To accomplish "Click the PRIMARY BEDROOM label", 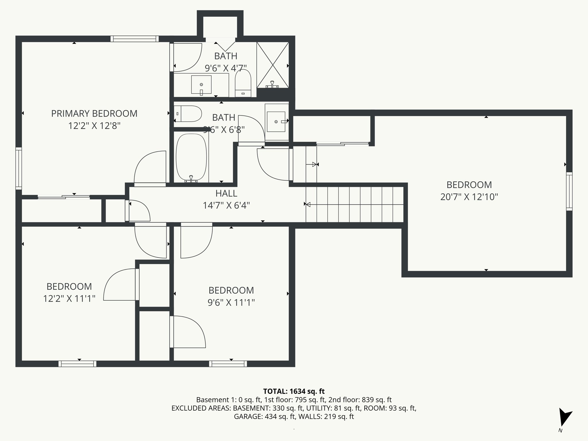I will click(94, 114).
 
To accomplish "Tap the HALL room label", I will click(226, 194).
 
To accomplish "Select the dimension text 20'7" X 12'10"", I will click(469, 197).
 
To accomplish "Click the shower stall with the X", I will click(272, 65).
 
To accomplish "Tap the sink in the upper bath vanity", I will click(201, 84).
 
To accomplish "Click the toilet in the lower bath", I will click(188, 114).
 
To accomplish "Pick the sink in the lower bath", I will click(276, 122).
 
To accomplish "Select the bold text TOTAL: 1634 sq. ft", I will click(294, 391).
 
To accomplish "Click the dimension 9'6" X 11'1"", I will click(231, 303).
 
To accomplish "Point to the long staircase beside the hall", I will click(355, 204).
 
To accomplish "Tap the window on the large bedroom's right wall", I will click(569, 191).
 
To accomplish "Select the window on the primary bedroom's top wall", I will click(134, 39).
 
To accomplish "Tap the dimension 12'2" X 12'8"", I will click(94, 126).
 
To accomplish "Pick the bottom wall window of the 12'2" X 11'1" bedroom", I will click(78, 364).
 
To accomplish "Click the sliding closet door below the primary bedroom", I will click(64, 197).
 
